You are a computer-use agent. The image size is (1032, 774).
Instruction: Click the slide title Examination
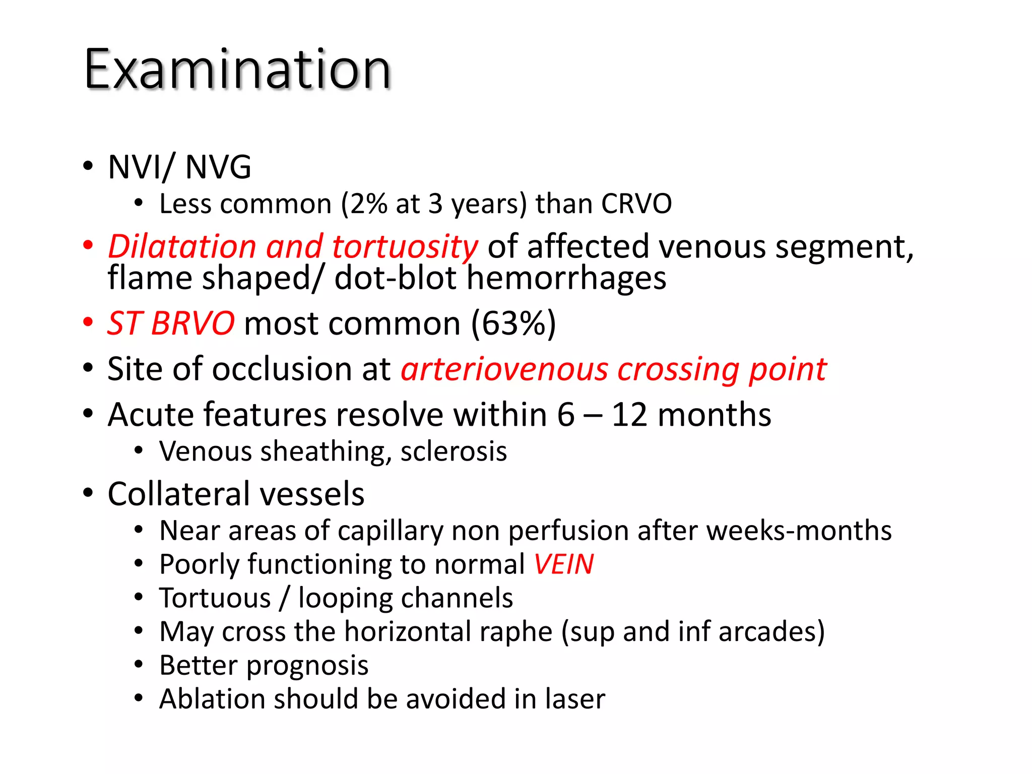(x=237, y=69)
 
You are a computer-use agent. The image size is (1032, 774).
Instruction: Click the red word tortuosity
(x=405, y=247)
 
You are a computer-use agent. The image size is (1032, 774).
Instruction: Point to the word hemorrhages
(x=566, y=278)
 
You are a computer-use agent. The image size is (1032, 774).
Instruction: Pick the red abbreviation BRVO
(x=192, y=323)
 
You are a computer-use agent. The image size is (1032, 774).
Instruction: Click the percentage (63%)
(x=513, y=323)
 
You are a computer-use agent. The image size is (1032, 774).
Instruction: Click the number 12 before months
(x=629, y=415)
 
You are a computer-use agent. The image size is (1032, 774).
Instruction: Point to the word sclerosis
(x=454, y=451)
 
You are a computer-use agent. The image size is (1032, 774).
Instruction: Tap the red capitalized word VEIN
(x=564, y=564)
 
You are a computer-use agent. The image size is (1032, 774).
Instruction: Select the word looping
(x=345, y=598)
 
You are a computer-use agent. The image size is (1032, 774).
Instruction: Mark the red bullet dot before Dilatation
(x=88, y=246)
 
